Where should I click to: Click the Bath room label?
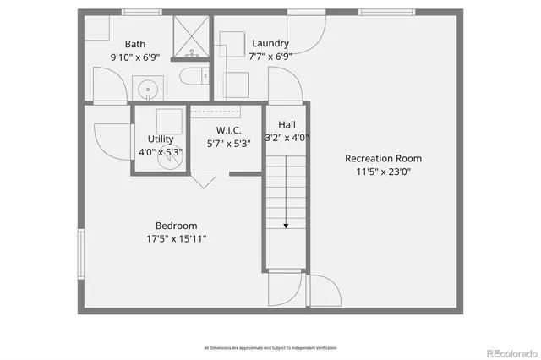pyautogui.click(x=135, y=44)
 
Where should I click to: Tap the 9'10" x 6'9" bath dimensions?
pyautogui.click(x=135, y=57)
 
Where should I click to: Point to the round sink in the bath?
pyautogui.click(x=148, y=87)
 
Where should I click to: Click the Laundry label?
pyautogui.click(x=270, y=43)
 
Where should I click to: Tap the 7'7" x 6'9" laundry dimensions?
pyautogui.click(x=270, y=57)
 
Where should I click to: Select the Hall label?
pyautogui.click(x=287, y=123)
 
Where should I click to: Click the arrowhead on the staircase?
pyautogui.click(x=287, y=226)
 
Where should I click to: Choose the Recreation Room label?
pyautogui.click(x=383, y=158)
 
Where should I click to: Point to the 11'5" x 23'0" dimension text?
pyautogui.click(x=383, y=172)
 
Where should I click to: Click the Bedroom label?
pyautogui.click(x=176, y=226)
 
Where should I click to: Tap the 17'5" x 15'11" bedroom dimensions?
pyautogui.click(x=176, y=239)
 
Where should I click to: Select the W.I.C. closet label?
pyautogui.click(x=228, y=130)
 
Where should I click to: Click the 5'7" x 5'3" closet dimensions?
pyautogui.click(x=228, y=144)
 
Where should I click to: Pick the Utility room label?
pyautogui.click(x=161, y=139)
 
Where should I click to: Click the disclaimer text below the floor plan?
pyautogui.click(x=270, y=347)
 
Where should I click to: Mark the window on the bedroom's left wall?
pyautogui.click(x=81, y=253)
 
